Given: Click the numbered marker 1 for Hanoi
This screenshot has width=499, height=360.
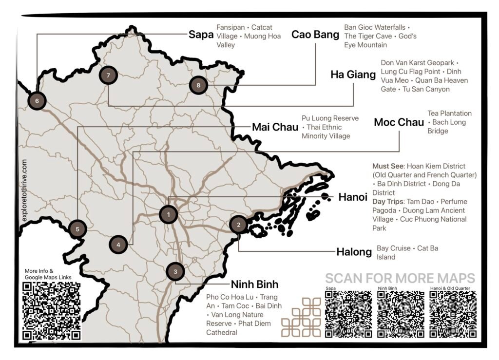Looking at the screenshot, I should [x=168, y=214].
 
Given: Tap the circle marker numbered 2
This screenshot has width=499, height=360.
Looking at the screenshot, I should [x=238, y=225].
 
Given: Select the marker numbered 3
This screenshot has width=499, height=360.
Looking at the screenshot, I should [x=175, y=271].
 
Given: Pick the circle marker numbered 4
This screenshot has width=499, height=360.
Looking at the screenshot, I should [x=118, y=245].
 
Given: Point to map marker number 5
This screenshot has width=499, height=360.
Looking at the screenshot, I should [x=77, y=228].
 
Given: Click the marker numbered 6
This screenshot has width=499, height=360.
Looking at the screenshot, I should [x=37, y=101].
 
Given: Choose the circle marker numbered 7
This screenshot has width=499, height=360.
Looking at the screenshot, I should [x=108, y=75].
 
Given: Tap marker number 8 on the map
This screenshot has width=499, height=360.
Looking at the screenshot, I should [x=198, y=85].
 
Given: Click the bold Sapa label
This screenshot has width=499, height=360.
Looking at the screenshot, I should [x=201, y=35].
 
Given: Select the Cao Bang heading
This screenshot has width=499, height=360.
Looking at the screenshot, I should [x=315, y=35].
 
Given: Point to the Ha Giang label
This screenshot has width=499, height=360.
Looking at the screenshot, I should [x=350, y=75].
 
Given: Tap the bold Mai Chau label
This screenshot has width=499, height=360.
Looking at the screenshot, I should [x=275, y=128].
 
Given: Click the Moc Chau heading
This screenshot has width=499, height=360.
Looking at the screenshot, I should [x=399, y=123].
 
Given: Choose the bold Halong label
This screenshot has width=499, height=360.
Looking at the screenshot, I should [x=354, y=252].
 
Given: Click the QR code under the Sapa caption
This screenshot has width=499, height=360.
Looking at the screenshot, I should [x=348, y=314].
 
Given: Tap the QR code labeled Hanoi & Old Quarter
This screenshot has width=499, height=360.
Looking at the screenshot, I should [x=453, y=314].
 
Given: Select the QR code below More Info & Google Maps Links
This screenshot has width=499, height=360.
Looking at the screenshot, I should [x=51, y=311].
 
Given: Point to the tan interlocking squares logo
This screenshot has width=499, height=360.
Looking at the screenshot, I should [x=301, y=317].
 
